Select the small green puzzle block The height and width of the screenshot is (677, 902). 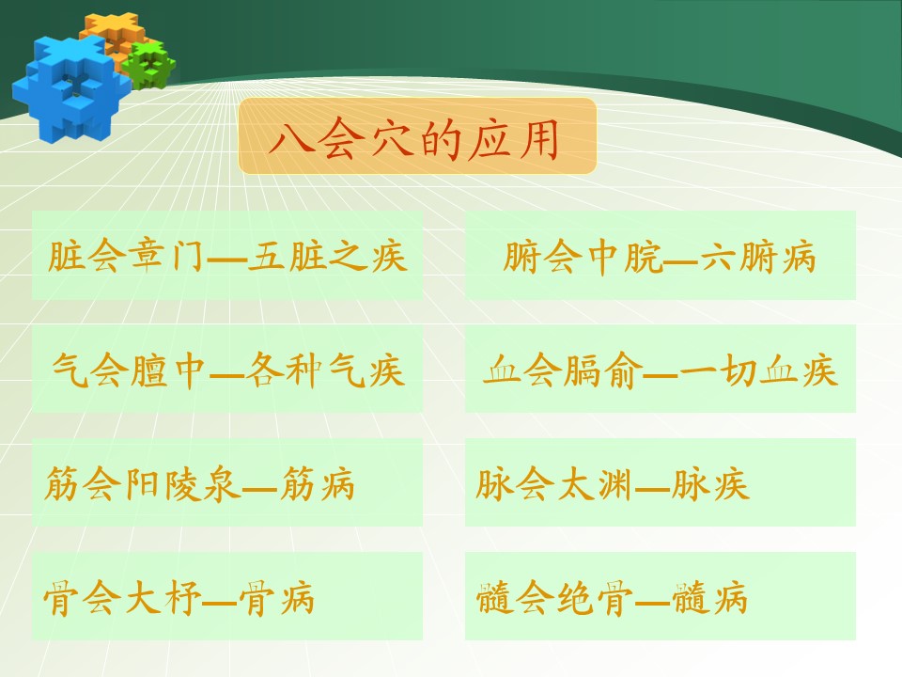pyautogui.click(x=149, y=65)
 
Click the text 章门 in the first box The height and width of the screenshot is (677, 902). pyautogui.click(x=167, y=256)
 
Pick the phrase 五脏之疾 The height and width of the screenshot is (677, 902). pyautogui.click(x=327, y=256)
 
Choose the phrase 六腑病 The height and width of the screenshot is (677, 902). pyautogui.click(x=757, y=257)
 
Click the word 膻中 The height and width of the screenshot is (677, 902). pyautogui.click(x=168, y=370)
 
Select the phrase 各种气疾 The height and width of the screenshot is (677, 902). pyautogui.click(x=325, y=370)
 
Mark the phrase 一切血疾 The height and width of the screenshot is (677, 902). pyautogui.click(x=757, y=370)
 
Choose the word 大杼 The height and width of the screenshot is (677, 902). pyautogui.click(x=163, y=598)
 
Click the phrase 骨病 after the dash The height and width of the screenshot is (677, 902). pyautogui.click(x=276, y=598)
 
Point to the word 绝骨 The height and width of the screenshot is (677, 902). pyautogui.click(x=594, y=598)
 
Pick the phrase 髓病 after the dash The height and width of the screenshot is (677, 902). pyautogui.click(x=709, y=598)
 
